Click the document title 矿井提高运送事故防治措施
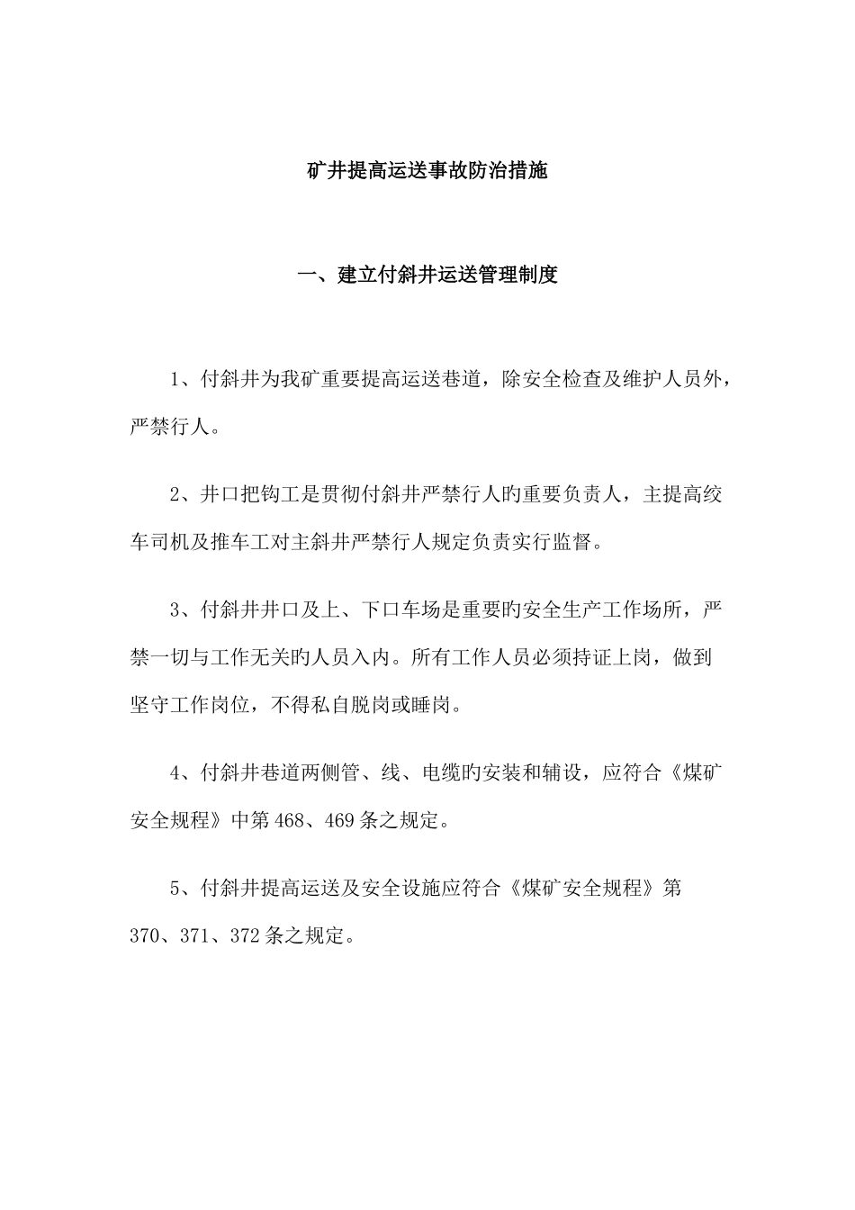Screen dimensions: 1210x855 pos(427,171)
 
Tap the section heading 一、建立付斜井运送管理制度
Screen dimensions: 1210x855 pos(427,275)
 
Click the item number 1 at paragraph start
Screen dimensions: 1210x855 pos(175,379)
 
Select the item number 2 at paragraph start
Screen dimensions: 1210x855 pos(175,494)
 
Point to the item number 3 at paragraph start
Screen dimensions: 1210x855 pos(175,610)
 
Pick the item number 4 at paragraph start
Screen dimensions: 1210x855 pos(175,772)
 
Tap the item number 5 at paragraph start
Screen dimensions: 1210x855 pos(175,888)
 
